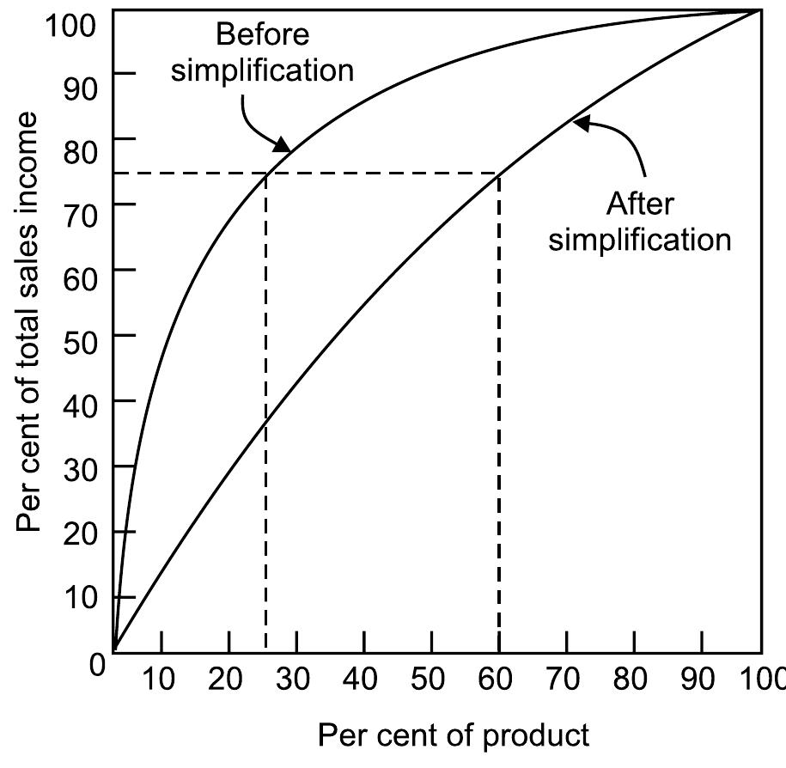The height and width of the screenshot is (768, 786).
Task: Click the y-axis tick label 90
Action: (80, 88)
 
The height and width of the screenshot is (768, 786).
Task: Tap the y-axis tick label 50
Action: (80, 344)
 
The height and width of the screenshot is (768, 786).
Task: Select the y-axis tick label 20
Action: (80, 533)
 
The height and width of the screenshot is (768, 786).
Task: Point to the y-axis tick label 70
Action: (80, 216)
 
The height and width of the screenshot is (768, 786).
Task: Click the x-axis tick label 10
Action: (158, 680)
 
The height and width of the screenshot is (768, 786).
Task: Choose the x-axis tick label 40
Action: (359, 680)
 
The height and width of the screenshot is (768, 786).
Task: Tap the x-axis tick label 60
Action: (495, 680)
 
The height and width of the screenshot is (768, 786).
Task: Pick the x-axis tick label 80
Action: (631, 680)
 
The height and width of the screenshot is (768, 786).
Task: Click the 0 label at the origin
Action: (97, 665)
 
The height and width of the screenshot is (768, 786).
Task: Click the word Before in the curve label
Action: (262, 34)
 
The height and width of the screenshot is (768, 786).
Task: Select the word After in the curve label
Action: (640, 204)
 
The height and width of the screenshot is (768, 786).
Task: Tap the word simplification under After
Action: (640, 239)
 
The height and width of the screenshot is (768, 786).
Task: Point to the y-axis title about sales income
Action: (27, 321)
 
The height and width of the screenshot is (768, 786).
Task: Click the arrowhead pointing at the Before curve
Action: (283, 145)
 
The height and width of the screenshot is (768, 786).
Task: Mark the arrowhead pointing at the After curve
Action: (582, 123)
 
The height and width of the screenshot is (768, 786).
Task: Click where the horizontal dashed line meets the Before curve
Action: (265, 174)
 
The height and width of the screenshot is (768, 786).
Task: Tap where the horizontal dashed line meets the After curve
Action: (499, 174)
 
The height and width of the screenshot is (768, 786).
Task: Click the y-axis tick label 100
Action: (70, 25)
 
